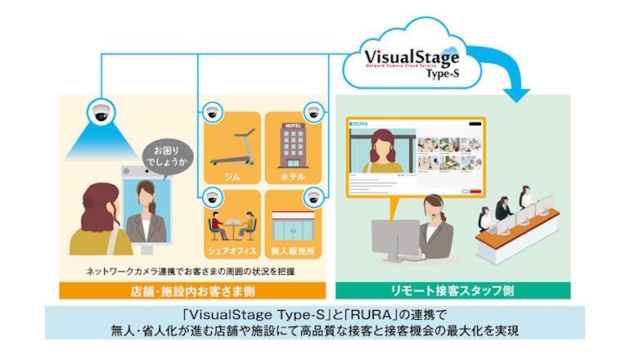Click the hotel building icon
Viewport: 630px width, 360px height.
pyautogui.click(x=292, y=145)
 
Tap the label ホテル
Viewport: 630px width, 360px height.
pyautogui.click(x=292, y=176)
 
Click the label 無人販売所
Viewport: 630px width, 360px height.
pyautogui.click(x=292, y=250)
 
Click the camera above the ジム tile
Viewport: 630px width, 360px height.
pyautogui.click(x=212, y=111)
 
